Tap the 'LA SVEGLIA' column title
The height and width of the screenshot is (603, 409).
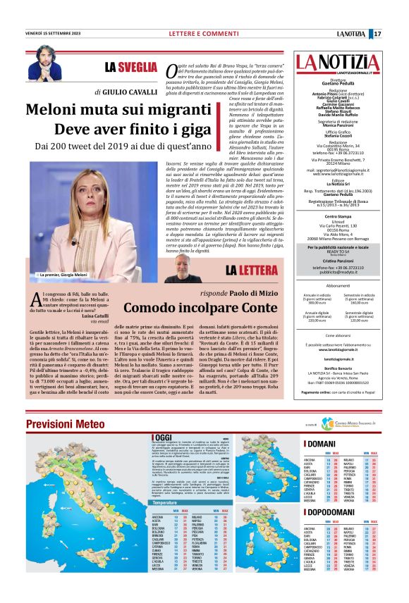tap(131, 68)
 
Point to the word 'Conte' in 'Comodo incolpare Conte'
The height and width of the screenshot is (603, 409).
tap(254, 307)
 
